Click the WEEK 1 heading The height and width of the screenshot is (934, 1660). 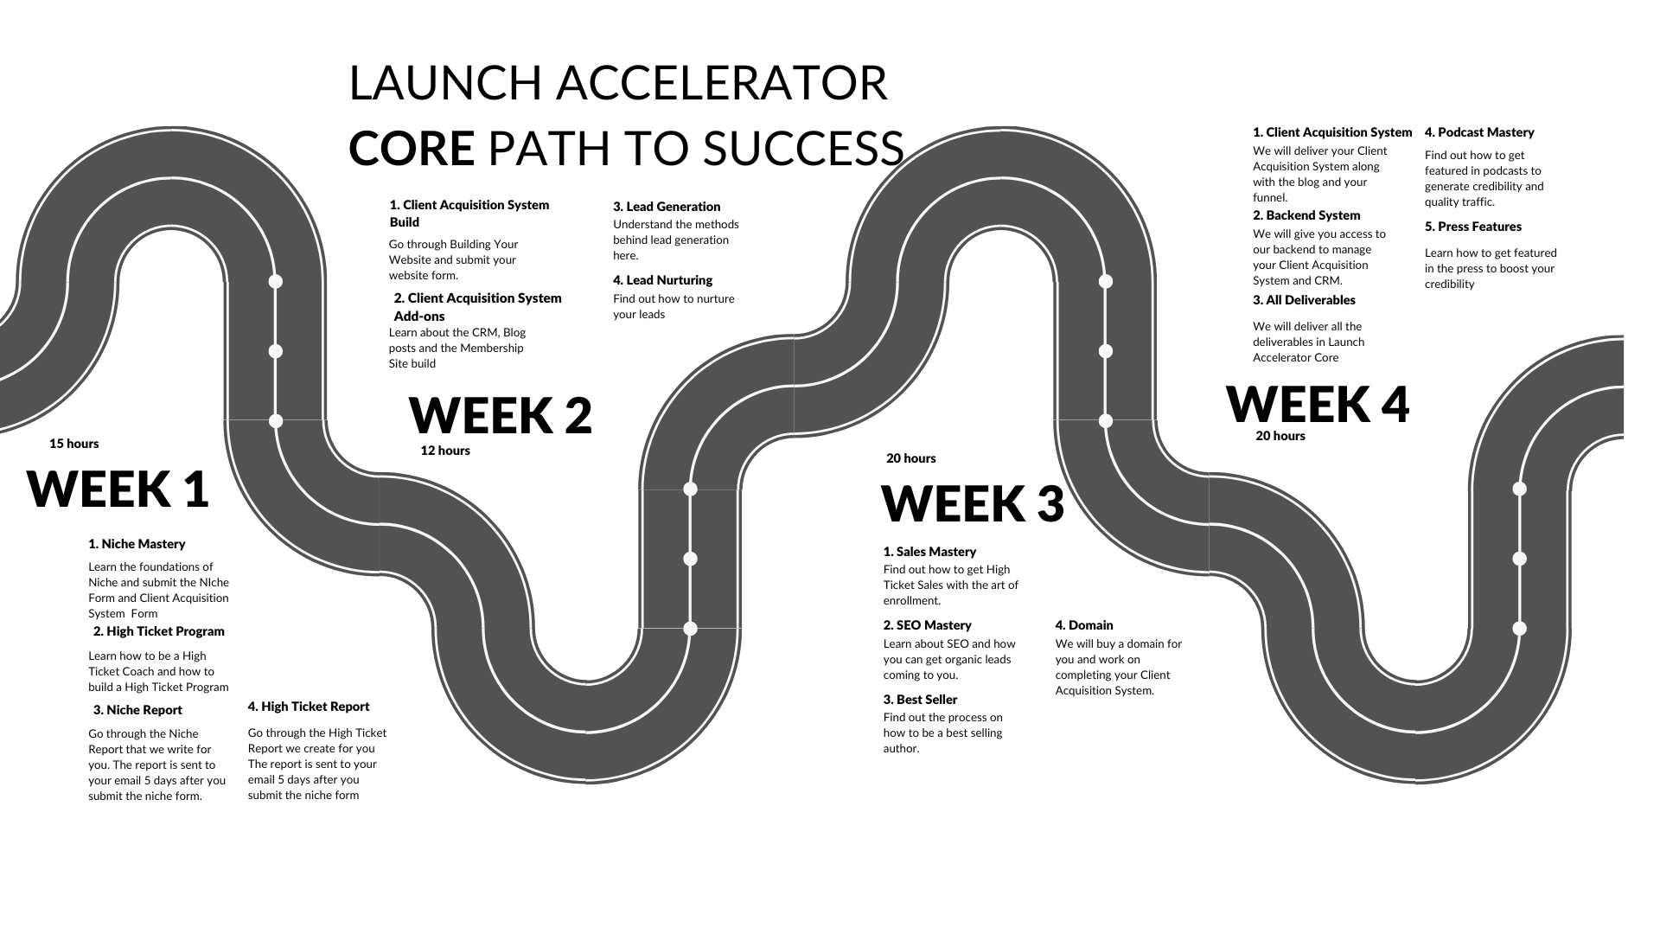click(x=118, y=489)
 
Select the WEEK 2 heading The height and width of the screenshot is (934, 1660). click(x=500, y=416)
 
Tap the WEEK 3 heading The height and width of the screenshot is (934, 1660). click(x=972, y=504)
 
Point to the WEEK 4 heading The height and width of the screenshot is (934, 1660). click(x=1317, y=405)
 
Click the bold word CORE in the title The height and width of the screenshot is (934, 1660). click(x=412, y=148)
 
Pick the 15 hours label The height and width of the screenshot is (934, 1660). click(x=73, y=444)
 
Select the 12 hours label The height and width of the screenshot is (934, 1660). click(x=445, y=451)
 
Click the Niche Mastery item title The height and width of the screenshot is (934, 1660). click(x=137, y=544)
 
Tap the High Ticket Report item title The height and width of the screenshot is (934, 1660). click(x=309, y=707)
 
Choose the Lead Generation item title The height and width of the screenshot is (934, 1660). click(x=667, y=207)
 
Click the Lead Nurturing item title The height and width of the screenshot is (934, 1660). click(x=662, y=280)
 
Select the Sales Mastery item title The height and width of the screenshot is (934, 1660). click(x=929, y=552)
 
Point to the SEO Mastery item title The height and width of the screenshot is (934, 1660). click(x=927, y=625)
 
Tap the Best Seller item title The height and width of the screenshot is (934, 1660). click(x=920, y=700)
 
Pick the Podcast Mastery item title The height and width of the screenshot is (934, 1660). click(x=1479, y=132)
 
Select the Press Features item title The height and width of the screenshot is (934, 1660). click(x=1473, y=227)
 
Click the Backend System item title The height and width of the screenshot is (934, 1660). click(x=1306, y=215)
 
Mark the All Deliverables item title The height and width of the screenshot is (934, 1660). click(x=1304, y=300)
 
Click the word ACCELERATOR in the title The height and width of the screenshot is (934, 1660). click(x=721, y=83)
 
